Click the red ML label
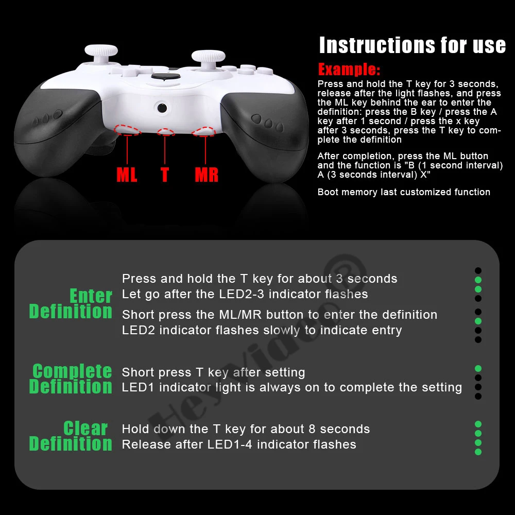coord(127,175)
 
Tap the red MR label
coord(207,175)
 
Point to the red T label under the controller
coord(165,175)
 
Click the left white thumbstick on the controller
coord(101,54)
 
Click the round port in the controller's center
coord(162,108)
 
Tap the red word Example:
coord(349,70)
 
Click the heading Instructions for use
coord(413,45)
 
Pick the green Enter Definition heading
coord(71,303)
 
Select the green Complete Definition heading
coord(71,379)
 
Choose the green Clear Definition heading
coord(71,436)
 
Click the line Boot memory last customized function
coord(404,192)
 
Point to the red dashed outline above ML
coord(127,130)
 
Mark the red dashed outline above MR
coord(204,131)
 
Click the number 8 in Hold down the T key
coord(312,429)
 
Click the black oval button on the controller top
coord(165,76)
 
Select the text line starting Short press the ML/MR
coord(280,315)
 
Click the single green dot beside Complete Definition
coord(478,369)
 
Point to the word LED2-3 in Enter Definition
coord(242,294)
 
